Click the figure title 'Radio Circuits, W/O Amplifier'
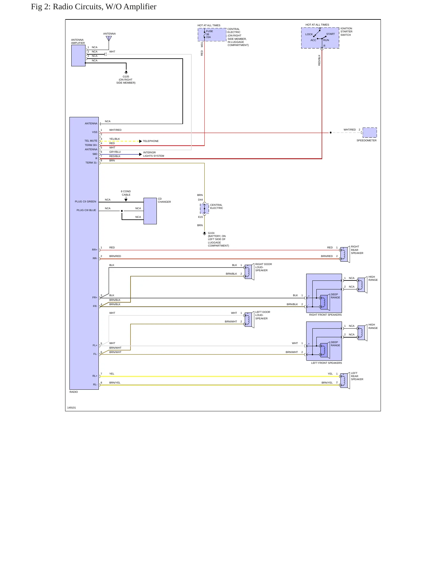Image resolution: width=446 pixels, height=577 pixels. click(105, 7)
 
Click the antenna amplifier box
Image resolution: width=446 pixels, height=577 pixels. click(78, 56)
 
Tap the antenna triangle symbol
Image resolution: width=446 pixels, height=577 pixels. click(109, 39)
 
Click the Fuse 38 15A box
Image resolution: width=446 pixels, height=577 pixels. click(212, 35)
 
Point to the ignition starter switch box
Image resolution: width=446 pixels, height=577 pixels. click(320, 38)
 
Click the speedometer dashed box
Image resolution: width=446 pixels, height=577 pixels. click(369, 132)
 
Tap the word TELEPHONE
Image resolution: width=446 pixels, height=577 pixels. click(151, 141)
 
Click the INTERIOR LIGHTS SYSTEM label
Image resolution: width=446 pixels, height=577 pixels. click(154, 154)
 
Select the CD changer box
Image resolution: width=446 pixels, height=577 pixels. click(150, 211)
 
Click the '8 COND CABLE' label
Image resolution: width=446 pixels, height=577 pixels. click(126, 193)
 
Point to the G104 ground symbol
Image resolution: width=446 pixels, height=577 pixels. click(204, 234)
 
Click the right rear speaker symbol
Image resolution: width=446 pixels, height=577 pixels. click(345, 254)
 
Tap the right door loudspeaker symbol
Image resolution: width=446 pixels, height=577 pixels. click(249, 272)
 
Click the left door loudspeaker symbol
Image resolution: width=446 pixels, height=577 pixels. click(249, 320)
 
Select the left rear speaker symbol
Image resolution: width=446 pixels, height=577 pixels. click(345, 380)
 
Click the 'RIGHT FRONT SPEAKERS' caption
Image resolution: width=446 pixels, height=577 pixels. click(325, 315)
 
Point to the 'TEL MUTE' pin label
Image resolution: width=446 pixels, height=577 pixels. click(91, 141)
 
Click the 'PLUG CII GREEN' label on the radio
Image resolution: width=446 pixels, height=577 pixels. click(85, 201)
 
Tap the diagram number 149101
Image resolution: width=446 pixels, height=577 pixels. click(72, 408)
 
